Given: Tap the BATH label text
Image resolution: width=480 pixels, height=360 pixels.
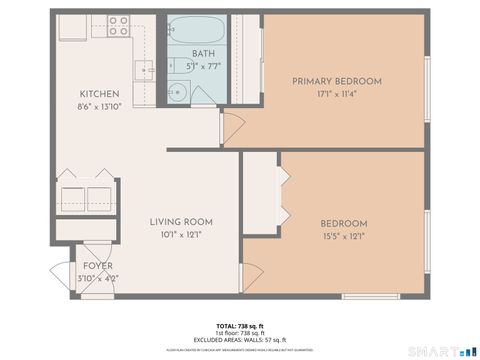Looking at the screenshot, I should click(203, 54).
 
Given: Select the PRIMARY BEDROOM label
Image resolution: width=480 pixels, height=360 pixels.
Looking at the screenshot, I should click(337, 81).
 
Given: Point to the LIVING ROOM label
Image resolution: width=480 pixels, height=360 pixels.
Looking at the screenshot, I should click(181, 222).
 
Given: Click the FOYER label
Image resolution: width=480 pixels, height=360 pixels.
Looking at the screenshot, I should click(98, 266).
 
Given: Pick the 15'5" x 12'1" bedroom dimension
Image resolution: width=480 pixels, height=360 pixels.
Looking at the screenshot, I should click(343, 236).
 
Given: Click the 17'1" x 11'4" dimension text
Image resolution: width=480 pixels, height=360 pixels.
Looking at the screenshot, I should click(337, 94).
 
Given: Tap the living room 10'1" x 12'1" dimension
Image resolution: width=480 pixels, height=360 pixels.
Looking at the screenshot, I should click(181, 235).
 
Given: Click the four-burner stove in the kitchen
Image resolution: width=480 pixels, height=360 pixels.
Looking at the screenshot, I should click(118, 24).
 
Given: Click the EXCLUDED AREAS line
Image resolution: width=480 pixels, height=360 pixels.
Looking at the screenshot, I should click(240, 340).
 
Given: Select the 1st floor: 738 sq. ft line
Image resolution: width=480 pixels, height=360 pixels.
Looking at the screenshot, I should click(240, 333).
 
